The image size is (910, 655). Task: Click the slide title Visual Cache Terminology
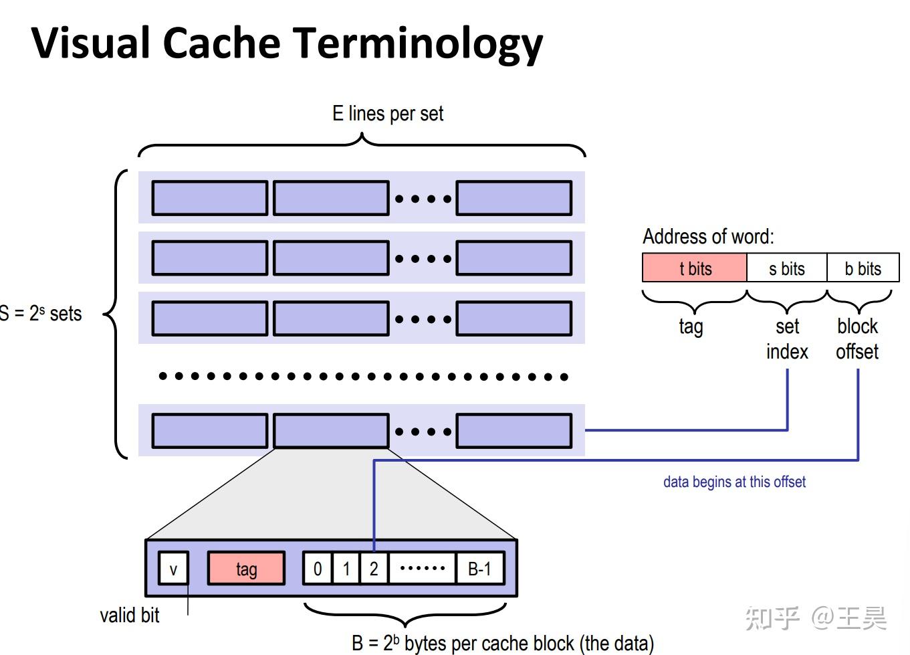287,43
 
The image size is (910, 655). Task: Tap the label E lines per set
388,114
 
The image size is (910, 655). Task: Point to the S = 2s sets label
41,313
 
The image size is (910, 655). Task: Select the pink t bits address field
694,268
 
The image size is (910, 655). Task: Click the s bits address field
786,268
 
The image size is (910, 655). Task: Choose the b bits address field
863,268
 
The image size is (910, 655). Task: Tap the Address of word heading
708,236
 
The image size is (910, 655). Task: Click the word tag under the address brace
691,326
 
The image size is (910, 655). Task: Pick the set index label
787,339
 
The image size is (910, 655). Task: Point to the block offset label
857,339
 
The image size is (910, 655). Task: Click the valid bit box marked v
173,569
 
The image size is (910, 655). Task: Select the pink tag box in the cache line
246,569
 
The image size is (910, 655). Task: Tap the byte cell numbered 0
318,569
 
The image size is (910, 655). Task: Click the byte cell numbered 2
374,569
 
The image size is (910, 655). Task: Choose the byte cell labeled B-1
479,569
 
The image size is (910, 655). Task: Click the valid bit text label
129,615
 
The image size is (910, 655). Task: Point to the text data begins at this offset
734,482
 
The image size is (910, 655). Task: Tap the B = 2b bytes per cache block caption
502,643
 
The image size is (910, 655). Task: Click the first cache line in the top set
209,198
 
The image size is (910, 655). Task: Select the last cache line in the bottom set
514,431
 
